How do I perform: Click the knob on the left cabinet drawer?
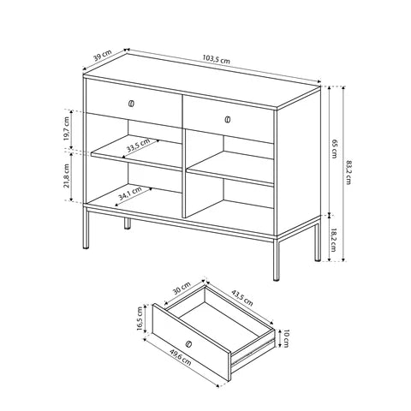(x=131, y=104)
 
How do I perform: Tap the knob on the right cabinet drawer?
(x=228, y=118)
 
